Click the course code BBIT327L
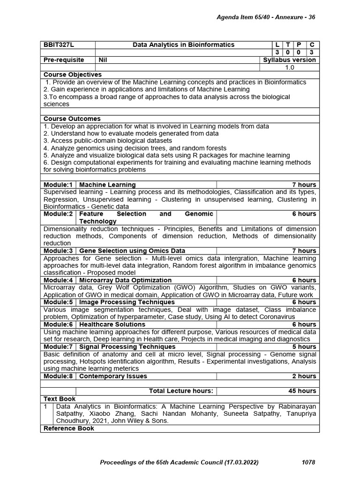pyautogui.click(x=59, y=45)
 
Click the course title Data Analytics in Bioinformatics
pyautogui.click(x=184, y=45)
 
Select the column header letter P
pyautogui.click(x=299, y=45)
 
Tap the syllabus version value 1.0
pyautogui.click(x=290, y=67)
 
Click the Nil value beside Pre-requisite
pyautogui.click(x=103, y=60)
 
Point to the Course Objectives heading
pyautogui.click(x=73, y=75)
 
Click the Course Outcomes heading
pyautogui.click(x=72, y=119)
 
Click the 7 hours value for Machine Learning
pyautogui.click(x=304, y=185)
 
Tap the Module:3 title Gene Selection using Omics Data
pyautogui.click(x=132, y=251)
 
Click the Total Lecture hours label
pyautogui.click(x=181, y=391)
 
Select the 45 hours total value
pyautogui.click(x=302, y=391)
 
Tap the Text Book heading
pyautogui.click(x=60, y=398)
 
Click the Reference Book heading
pyautogui.click(x=69, y=428)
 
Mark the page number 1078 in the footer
pyautogui.click(x=308, y=463)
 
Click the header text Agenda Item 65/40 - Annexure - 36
pyautogui.click(x=265, y=17)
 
